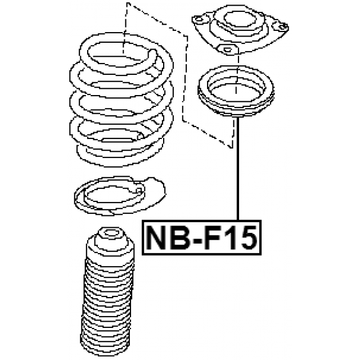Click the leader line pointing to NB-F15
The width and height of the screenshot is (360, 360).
238,169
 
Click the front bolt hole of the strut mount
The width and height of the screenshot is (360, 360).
227,49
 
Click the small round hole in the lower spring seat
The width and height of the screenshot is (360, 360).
138,190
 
